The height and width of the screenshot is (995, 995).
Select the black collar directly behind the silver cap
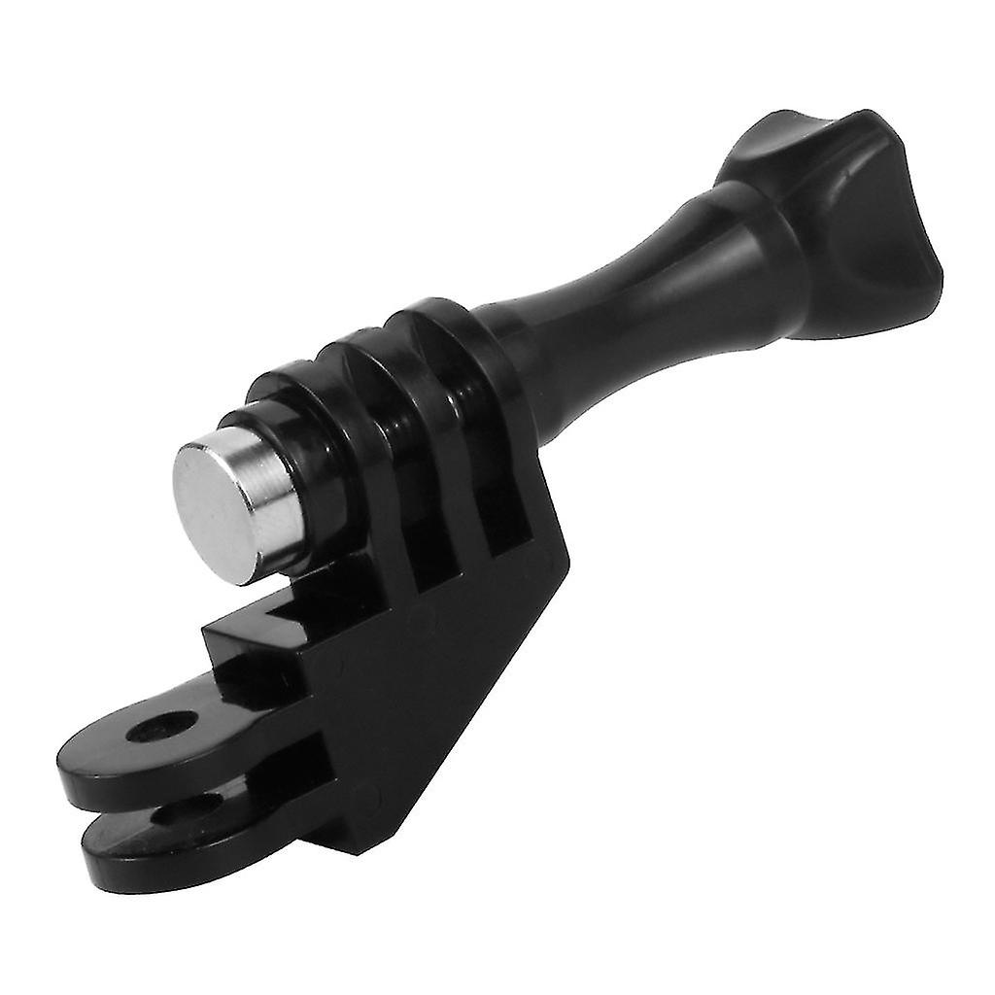[x=292, y=428]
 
